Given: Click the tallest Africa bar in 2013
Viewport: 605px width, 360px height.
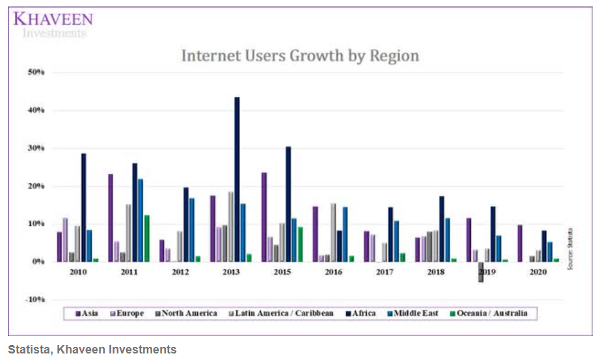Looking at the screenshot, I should pyautogui.click(x=237, y=179).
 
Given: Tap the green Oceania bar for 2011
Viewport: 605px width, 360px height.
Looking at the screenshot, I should pyautogui.click(x=147, y=238).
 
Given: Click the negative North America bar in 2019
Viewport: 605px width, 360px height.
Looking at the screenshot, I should pyautogui.click(x=481, y=271).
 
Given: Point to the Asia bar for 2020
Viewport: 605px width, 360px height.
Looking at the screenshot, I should pyautogui.click(x=520, y=243).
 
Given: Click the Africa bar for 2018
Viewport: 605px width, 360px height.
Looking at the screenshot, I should pyautogui.click(x=442, y=228).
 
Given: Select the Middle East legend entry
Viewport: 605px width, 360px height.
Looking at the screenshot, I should pyautogui.click(x=413, y=314).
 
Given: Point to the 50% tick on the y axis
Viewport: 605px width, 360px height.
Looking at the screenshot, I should pyautogui.click(x=36, y=72).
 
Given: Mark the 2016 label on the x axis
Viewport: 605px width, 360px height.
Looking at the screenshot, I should pyautogui.click(x=334, y=271).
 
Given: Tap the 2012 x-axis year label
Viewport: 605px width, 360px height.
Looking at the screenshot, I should pyautogui.click(x=181, y=271).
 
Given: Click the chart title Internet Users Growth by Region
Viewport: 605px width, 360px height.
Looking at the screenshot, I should pyautogui.click(x=300, y=56).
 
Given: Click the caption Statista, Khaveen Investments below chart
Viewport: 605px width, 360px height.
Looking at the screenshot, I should pyautogui.click(x=92, y=350).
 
